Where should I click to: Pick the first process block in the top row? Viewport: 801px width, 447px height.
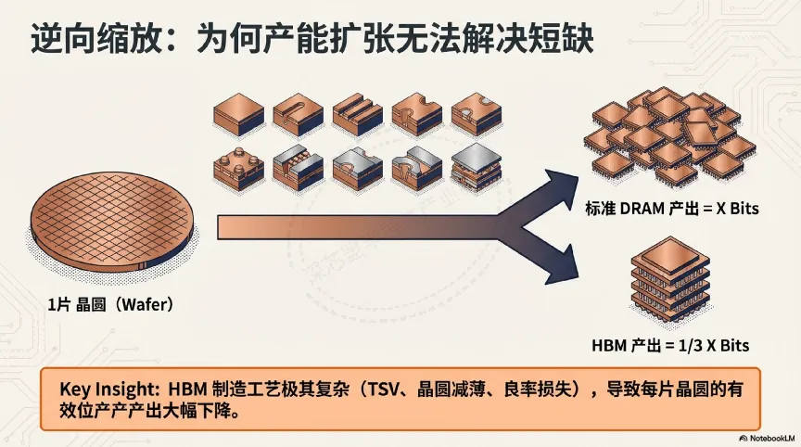click(238, 114)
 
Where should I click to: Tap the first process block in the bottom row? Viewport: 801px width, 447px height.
click(238, 167)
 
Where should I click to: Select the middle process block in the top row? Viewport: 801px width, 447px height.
click(357, 114)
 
